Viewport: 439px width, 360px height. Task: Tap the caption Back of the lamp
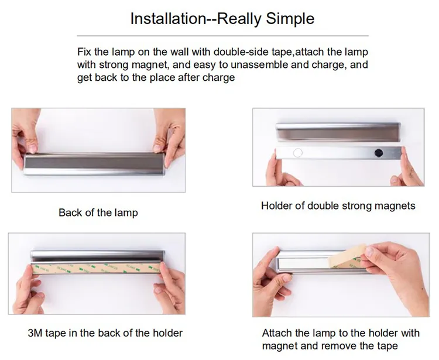click(x=98, y=212)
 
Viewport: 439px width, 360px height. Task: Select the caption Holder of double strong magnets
click(x=338, y=205)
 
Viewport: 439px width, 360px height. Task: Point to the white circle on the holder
click(x=298, y=153)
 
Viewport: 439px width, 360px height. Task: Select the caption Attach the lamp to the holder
click(x=341, y=333)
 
